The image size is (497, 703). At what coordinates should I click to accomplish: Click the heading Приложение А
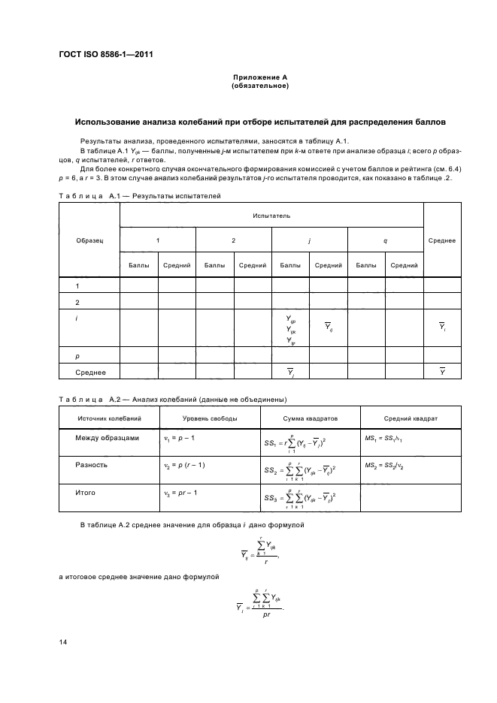pyautogui.click(x=259, y=78)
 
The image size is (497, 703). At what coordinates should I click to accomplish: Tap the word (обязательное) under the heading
pyautogui.click(x=259, y=86)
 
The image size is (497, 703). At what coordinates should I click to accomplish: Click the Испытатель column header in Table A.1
pyautogui.click(x=271, y=216)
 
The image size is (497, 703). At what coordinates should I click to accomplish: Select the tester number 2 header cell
pyautogui.click(x=233, y=240)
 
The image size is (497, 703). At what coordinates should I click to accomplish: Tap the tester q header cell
pyautogui.click(x=385, y=240)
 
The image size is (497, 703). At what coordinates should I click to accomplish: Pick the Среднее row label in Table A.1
pyautogui.click(x=90, y=373)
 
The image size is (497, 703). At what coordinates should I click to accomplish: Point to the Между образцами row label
pyautogui.click(x=107, y=438)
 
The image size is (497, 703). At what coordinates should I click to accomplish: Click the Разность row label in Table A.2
pyautogui.click(x=91, y=465)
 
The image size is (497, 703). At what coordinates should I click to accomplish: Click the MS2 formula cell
pyautogui.click(x=389, y=466)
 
